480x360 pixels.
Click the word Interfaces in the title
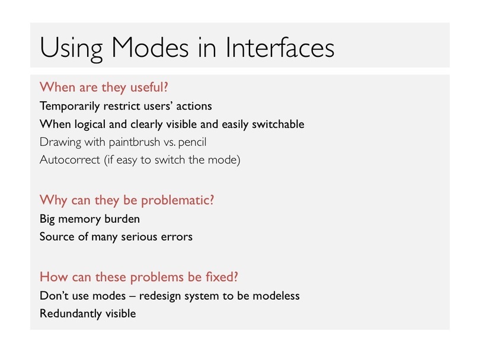(280, 47)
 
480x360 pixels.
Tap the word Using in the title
(71, 49)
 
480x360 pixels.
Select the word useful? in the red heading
(149, 87)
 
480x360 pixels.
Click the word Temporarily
(70, 107)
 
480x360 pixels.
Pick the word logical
(90, 124)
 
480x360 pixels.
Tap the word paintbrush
(135, 142)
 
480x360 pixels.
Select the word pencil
(192, 142)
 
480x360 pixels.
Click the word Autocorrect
(70, 160)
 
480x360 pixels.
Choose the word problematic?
(178, 201)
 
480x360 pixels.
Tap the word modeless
(276, 296)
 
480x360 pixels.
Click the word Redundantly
(71, 314)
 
